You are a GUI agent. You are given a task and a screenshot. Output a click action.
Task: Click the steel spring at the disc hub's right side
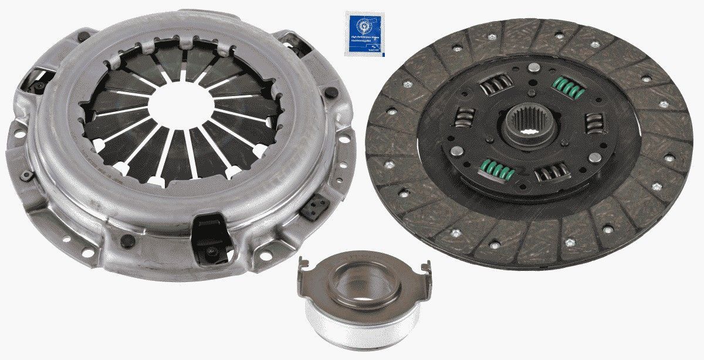point(594,124)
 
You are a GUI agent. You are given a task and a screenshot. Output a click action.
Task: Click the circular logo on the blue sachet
point(360,26)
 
